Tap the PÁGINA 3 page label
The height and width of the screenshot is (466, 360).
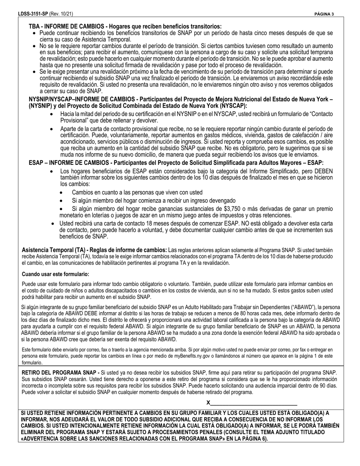[324, 14]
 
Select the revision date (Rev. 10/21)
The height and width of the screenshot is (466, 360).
[61, 14]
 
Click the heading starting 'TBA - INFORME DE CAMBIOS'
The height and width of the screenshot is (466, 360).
[125, 27]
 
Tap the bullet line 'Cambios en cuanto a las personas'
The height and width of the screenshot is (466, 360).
[137, 192]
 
